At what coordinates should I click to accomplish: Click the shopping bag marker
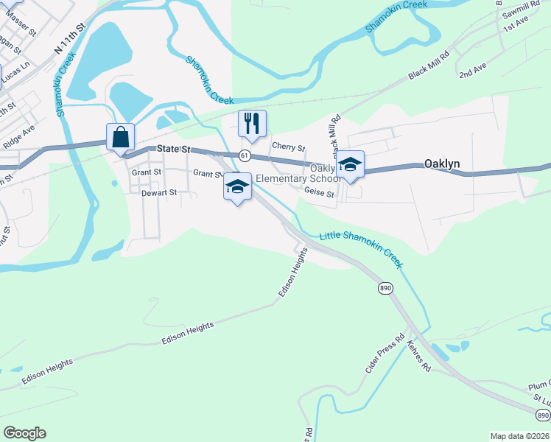click(x=120, y=137)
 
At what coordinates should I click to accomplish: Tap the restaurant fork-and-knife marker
click(x=252, y=124)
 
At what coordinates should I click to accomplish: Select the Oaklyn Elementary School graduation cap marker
click(x=351, y=165)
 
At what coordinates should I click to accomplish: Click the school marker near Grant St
click(x=237, y=187)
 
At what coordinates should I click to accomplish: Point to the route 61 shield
click(x=245, y=155)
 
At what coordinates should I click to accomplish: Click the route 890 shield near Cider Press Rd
click(x=386, y=287)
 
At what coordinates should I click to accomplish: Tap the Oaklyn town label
click(x=443, y=164)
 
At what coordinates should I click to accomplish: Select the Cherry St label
click(x=288, y=147)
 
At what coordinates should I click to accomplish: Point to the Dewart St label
click(x=159, y=192)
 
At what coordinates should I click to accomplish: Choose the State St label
click(x=175, y=149)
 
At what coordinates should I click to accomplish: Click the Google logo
click(x=24, y=433)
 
